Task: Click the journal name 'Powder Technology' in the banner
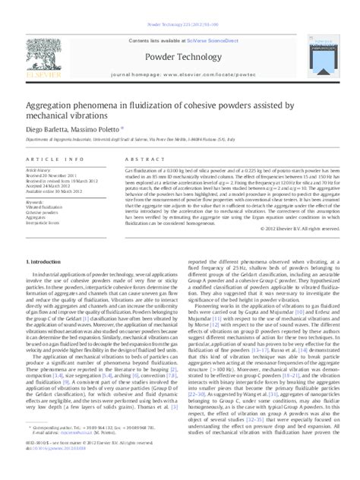(x=179, y=56)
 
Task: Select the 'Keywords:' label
(x=35, y=201)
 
